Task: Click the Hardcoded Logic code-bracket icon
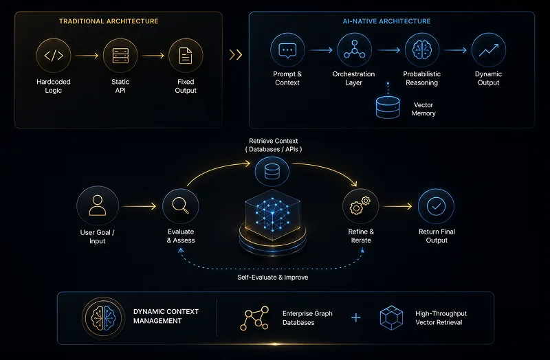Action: tap(54, 56)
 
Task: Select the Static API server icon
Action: tap(120, 56)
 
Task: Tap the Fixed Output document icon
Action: tap(186, 56)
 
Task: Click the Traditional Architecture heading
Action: tap(109, 21)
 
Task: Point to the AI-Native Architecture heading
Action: tap(386, 21)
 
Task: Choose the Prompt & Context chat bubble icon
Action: tap(287, 50)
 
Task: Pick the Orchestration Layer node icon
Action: tap(354, 49)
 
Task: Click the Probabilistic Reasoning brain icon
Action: tap(421, 49)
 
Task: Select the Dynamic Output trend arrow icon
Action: tap(489, 49)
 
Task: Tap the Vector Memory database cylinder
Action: tap(388, 107)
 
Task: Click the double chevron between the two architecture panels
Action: tap(236, 55)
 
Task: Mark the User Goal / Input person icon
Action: tap(98, 205)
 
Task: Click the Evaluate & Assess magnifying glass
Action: tap(181, 205)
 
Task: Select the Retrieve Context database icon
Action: tap(272, 171)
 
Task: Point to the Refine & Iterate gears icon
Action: tap(360, 205)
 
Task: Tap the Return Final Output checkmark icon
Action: tap(436, 206)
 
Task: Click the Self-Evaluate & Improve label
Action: tap(272, 278)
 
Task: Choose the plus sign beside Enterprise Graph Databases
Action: tap(356, 317)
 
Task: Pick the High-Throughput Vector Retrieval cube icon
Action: tap(391, 317)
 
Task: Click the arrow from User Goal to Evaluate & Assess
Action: tap(140, 206)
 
